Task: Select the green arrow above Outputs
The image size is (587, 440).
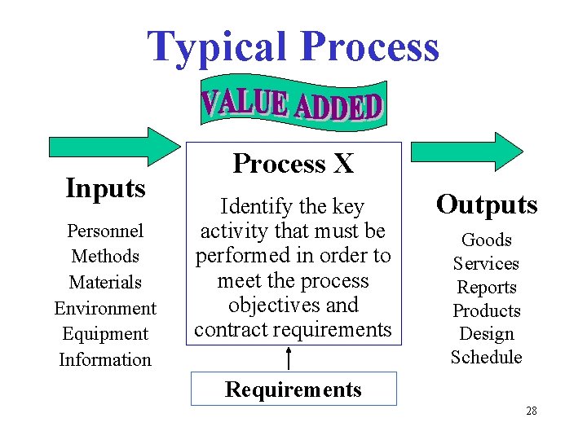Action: [466, 152]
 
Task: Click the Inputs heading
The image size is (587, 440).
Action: [105, 188]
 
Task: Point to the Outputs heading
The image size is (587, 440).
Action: [487, 205]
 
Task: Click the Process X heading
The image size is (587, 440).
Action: [293, 164]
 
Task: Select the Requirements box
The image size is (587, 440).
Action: [293, 389]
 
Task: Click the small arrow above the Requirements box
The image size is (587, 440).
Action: [289, 358]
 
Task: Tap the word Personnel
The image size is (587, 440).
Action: [105, 231]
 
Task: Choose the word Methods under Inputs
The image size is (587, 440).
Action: [105, 256]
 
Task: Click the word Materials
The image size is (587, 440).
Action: [105, 282]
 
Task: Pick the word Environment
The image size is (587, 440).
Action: [105, 308]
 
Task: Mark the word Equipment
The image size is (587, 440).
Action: [105, 334]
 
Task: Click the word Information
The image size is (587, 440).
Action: [105, 359]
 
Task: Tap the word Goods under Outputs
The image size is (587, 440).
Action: [487, 240]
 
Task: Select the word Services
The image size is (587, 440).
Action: [487, 263]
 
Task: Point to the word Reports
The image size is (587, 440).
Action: [487, 287]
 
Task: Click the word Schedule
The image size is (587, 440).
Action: [487, 357]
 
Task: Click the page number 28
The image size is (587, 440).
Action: [532, 411]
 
